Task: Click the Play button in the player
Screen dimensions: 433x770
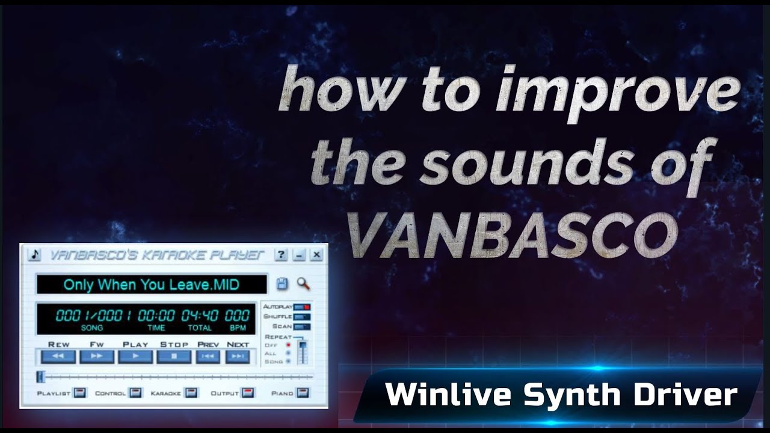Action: (x=135, y=357)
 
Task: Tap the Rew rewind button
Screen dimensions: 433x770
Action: (x=58, y=357)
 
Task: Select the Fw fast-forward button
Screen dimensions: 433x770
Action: (x=97, y=357)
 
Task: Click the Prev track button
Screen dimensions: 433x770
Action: (x=208, y=357)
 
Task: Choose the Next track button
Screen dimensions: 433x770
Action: (x=238, y=357)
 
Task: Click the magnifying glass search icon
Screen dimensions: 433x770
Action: (x=303, y=284)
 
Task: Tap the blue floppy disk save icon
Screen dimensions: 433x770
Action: (x=282, y=284)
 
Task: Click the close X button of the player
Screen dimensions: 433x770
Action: (x=316, y=255)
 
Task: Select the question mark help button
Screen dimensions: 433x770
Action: (x=281, y=255)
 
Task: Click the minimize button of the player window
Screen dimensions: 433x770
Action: (x=298, y=255)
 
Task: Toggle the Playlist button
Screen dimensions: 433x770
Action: (x=80, y=393)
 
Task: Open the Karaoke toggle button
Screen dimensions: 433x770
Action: (x=191, y=393)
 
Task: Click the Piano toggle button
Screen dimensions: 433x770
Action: (x=302, y=393)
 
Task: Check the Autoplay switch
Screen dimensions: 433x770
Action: (x=302, y=307)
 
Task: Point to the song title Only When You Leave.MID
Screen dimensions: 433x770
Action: (x=151, y=284)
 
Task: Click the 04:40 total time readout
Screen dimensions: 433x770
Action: (x=200, y=316)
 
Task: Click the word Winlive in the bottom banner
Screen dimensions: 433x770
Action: (x=449, y=395)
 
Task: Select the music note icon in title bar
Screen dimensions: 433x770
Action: (x=34, y=255)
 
